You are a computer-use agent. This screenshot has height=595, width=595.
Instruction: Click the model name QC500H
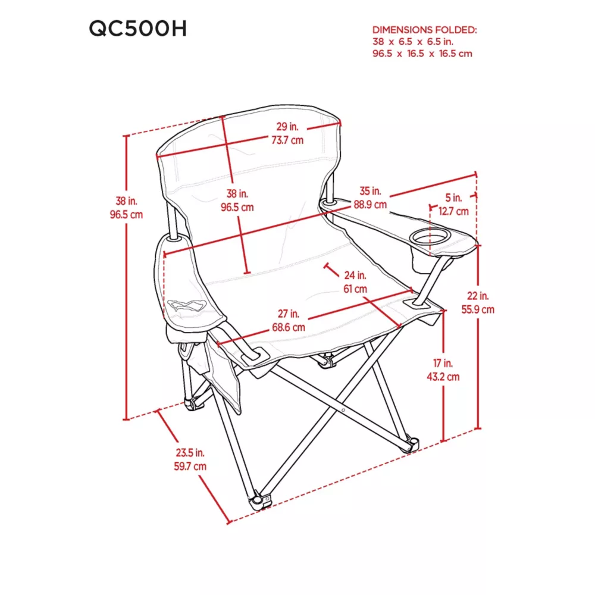click(138, 29)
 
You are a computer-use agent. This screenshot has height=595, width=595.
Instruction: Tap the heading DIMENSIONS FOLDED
click(424, 30)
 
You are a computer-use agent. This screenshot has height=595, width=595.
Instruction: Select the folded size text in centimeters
click(422, 54)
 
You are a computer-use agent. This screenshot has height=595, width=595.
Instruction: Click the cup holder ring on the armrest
click(430, 239)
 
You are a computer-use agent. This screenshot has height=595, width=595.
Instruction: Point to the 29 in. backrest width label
click(287, 126)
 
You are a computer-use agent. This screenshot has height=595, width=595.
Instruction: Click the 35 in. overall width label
click(370, 191)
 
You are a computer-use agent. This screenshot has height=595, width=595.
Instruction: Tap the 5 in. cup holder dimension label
click(453, 198)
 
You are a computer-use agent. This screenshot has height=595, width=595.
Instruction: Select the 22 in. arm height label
click(478, 296)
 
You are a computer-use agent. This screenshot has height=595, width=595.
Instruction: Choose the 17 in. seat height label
click(443, 363)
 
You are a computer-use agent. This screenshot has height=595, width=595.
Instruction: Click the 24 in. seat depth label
click(355, 275)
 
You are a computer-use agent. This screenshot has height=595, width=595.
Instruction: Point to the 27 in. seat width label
click(289, 314)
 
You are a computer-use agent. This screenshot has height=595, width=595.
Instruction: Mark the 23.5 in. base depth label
click(190, 453)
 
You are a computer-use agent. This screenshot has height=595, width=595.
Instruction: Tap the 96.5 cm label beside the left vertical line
click(126, 215)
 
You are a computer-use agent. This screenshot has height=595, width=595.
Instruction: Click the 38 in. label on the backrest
click(237, 194)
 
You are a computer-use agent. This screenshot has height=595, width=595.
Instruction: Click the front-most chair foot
click(261, 500)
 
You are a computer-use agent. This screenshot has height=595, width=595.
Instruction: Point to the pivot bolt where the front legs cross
click(343, 410)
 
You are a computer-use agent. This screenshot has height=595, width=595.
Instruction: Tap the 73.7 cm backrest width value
click(287, 140)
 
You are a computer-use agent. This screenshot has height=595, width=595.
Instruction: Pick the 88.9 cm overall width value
click(370, 205)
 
